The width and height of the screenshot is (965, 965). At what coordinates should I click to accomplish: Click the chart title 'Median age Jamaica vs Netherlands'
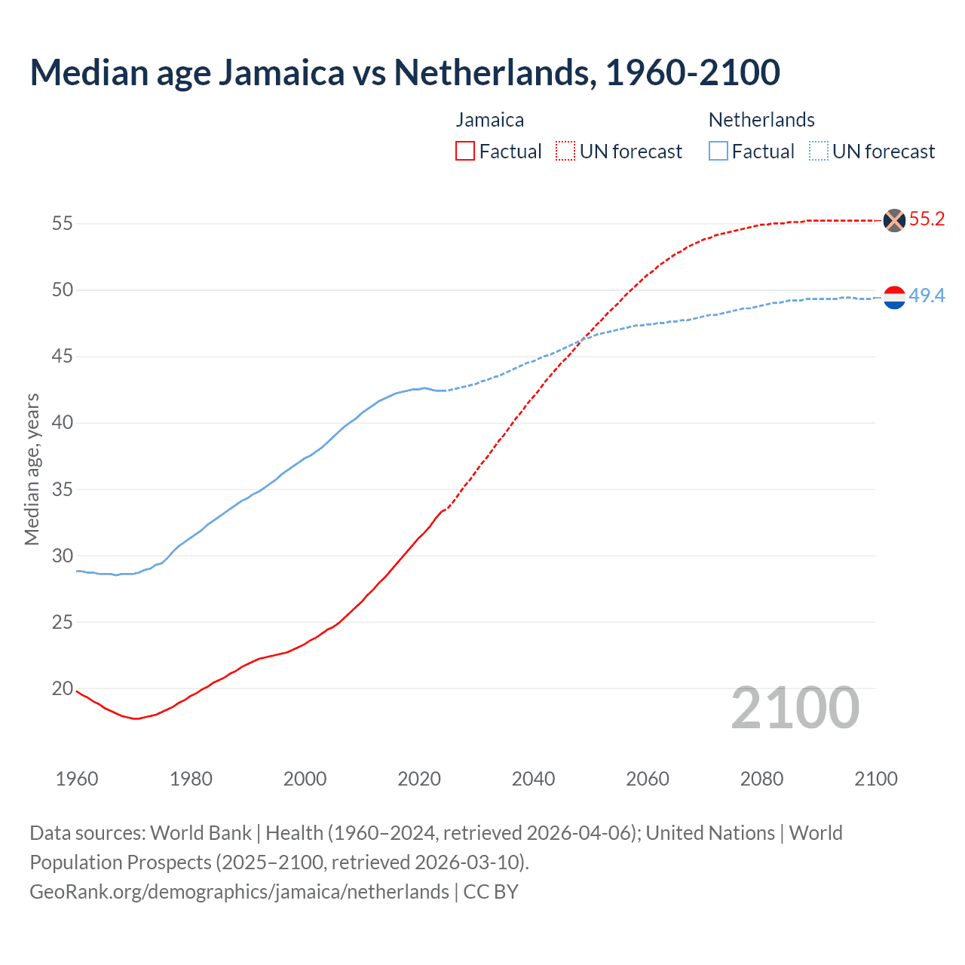405,72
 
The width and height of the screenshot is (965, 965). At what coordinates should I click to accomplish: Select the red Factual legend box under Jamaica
465,152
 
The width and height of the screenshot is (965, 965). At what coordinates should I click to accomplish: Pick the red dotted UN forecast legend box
565,152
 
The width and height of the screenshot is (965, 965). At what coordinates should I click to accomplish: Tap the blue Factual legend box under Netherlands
718,152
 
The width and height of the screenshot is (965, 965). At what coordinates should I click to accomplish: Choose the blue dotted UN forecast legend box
819,152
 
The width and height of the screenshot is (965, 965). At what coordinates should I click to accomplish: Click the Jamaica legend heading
489,120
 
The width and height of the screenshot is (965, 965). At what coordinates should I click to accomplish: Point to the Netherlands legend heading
761,120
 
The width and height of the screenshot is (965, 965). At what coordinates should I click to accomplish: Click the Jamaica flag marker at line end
894,220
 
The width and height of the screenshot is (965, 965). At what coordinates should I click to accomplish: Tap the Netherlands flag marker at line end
894,298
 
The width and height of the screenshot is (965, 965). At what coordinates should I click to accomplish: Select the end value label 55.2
927,219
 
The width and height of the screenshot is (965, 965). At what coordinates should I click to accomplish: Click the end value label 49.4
927,296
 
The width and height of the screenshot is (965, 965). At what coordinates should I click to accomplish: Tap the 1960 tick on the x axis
77,779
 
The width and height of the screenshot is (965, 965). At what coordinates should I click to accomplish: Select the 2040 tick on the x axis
533,779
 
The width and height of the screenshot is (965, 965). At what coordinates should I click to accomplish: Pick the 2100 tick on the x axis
875,779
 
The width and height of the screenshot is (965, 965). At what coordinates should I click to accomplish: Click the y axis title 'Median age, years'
32,469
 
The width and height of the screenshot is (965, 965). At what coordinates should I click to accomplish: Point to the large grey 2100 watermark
795,708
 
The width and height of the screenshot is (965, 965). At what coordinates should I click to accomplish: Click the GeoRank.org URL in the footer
239,892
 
